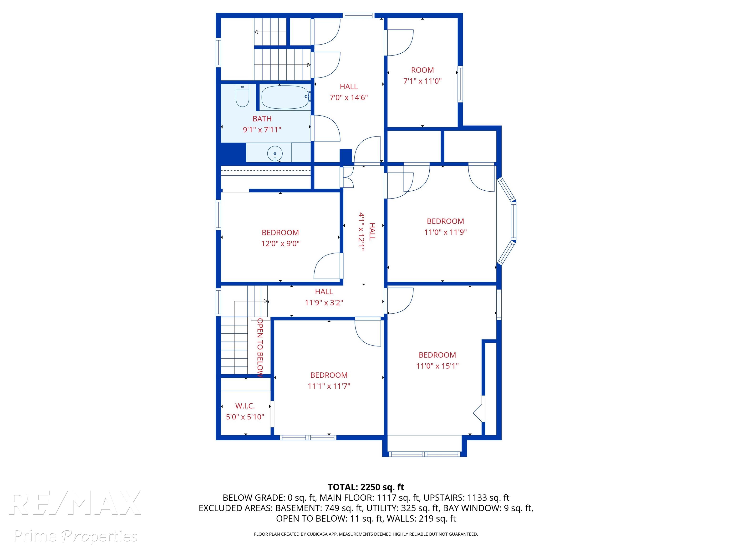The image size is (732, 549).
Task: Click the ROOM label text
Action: (x=422, y=70)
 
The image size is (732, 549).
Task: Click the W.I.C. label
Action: (x=245, y=406)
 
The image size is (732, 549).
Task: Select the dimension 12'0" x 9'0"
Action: (x=280, y=244)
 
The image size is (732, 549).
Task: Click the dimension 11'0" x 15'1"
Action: (x=437, y=366)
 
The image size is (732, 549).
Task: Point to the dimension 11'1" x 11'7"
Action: (x=329, y=386)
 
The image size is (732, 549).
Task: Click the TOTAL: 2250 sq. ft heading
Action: (x=366, y=487)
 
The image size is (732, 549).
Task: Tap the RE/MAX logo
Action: (x=75, y=503)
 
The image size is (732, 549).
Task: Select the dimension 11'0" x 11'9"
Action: (x=445, y=232)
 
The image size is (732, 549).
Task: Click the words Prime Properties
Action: (x=76, y=536)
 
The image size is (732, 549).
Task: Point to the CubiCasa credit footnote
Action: (x=366, y=534)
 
